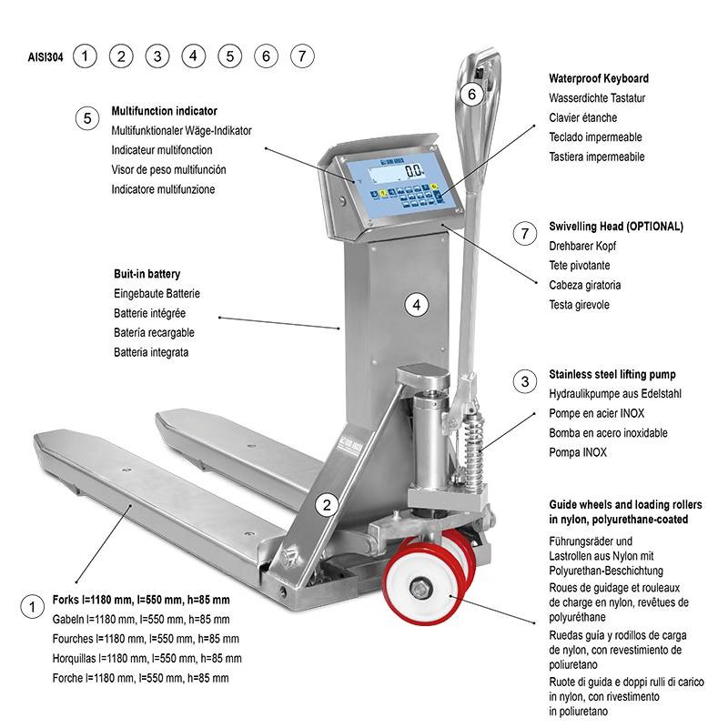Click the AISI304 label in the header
click(x=45, y=57)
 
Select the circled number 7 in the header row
click(x=302, y=56)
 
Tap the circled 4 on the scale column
click(x=417, y=305)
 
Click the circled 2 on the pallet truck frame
click(x=327, y=505)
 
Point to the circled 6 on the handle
click(x=471, y=95)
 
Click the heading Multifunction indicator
click(x=165, y=111)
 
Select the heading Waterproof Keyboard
click(x=599, y=78)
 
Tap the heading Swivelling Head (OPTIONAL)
click(x=616, y=226)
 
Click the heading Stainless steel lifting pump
click(x=612, y=374)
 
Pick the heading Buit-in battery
click(x=147, y=274)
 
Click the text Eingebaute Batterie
click(x=157, y=293)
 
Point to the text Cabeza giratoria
click(x=584, y=285)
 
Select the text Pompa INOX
click(x=578, y=452)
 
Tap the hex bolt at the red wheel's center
click(x=420, y=589)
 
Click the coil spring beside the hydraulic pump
click(x=474, y=450)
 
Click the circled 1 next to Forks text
click(x=32, y=607)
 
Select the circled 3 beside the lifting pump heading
click(x=525, y=381)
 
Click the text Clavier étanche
click(x=582, y=117)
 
